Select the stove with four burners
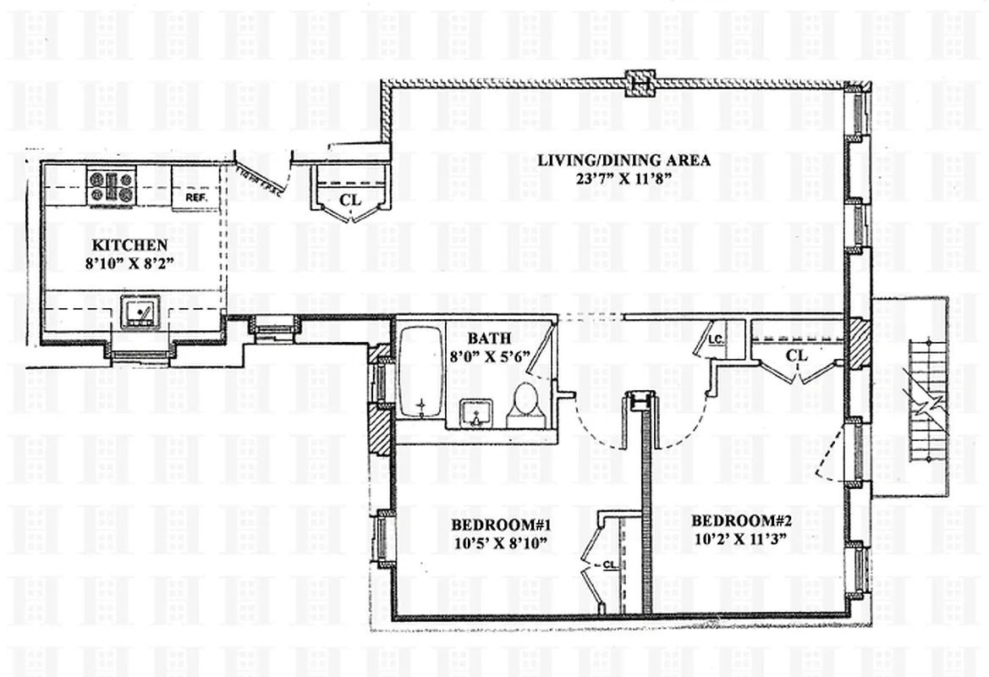pos(112,187)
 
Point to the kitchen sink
pos(140,312)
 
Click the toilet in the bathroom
pos(526,404)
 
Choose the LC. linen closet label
pos(714,341)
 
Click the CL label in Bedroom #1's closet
pos(608,564)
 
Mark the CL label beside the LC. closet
pos(796,355)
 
